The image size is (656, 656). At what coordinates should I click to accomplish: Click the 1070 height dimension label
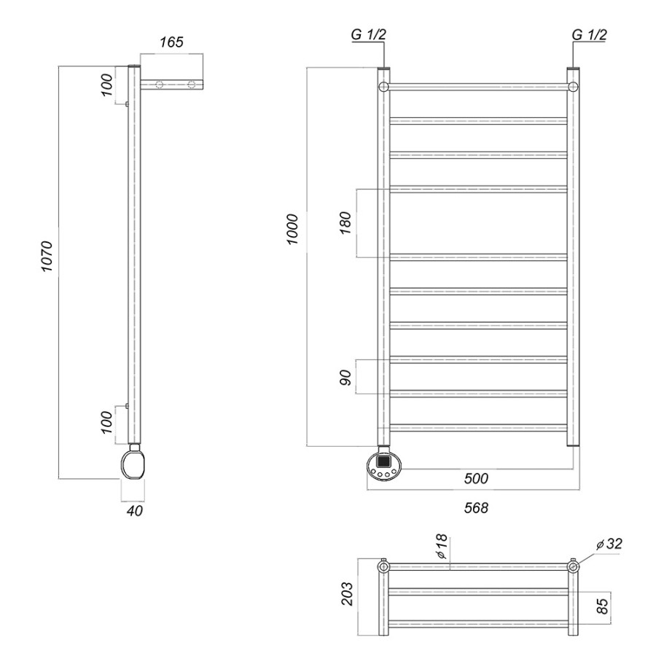(x=47, y=256)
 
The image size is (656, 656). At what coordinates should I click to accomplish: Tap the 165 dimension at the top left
(x=171, y=42)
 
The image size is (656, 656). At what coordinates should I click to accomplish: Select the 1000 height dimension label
(x=292, y=230)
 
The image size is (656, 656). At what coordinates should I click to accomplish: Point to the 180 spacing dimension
(x=345, y=223)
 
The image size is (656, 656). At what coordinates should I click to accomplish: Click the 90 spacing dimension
(x=345, y=378)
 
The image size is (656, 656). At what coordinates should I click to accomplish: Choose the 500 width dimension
(x=476, y=478)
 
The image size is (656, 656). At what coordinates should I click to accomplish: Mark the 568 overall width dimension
(x=476, y=507)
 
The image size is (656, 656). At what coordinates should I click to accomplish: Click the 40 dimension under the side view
(x=134, y=510)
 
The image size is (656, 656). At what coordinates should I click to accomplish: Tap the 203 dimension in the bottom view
(x=347, y=593)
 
